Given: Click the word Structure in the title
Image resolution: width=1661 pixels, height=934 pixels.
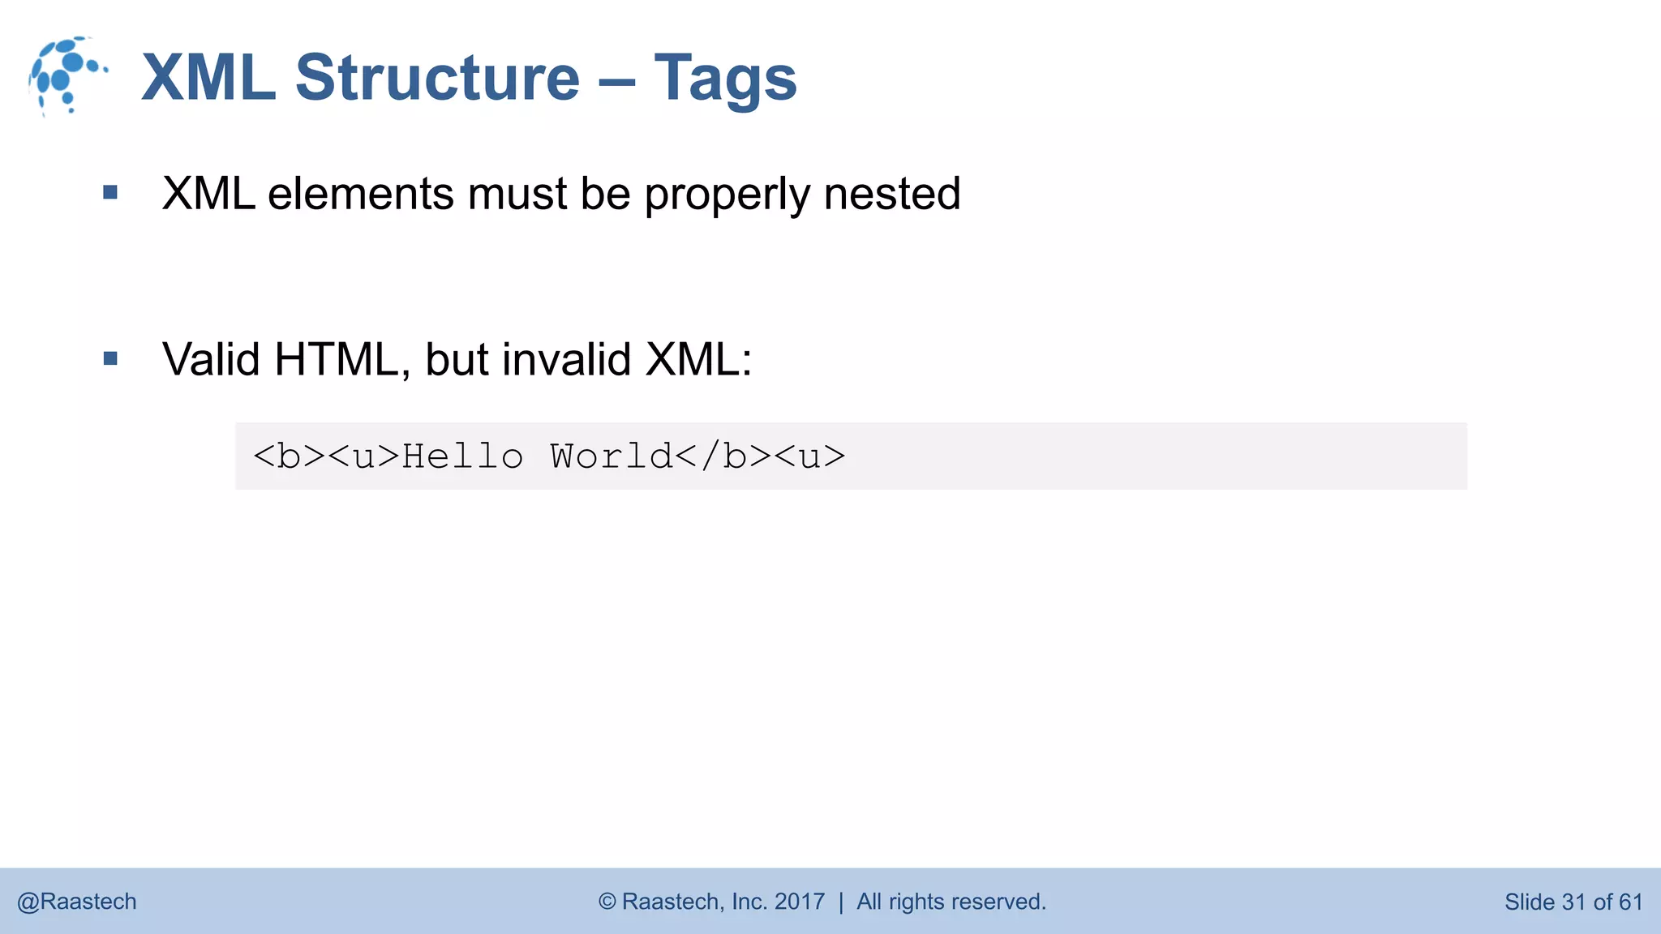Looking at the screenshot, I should (437, 78).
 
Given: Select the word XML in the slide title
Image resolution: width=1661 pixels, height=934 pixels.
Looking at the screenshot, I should (208, 78).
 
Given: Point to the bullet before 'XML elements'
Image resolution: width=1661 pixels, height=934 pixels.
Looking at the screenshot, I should (111, 193).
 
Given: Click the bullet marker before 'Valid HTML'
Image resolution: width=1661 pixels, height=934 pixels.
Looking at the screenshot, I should (111, 358).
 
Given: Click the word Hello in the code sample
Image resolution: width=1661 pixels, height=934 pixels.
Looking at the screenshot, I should (462, 456).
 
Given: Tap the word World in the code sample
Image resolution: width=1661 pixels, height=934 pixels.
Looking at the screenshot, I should (612, 456).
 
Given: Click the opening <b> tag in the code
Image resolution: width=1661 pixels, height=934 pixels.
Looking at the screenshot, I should (290, 456).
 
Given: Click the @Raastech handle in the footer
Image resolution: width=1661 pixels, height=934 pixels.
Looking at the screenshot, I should (77, 902).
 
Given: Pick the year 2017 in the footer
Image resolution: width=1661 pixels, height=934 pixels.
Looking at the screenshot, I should (800, 902).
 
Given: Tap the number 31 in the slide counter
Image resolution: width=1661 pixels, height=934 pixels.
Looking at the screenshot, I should (1573, 902).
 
